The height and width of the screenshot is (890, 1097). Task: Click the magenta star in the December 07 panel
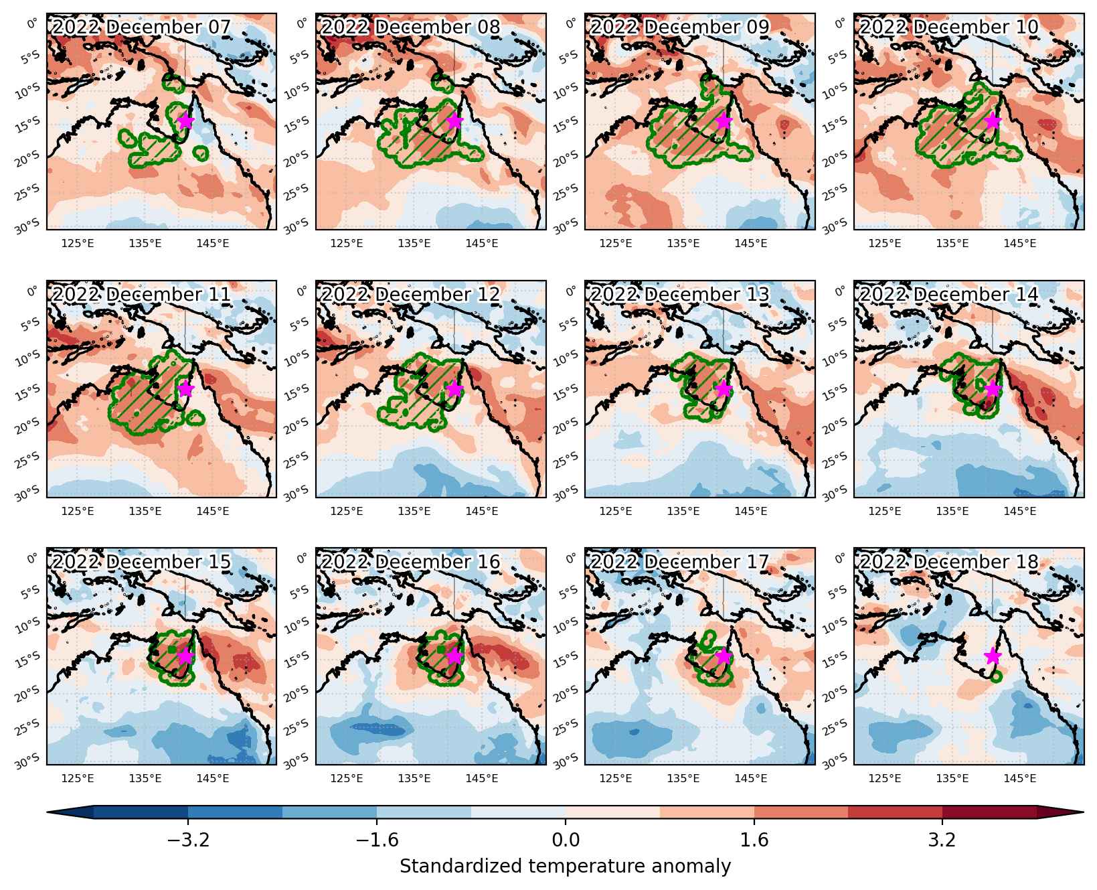(185, 121)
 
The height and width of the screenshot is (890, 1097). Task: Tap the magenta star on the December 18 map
(993, 656)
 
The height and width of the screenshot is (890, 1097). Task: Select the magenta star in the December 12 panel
(454, 389)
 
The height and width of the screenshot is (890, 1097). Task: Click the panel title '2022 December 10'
(949, 27)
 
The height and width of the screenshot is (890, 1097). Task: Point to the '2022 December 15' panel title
(141, 562)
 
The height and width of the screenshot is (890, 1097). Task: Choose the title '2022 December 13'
(680, 295)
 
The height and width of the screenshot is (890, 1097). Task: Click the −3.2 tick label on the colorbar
(188, 840)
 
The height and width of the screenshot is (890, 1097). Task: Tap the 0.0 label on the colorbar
(566, 840)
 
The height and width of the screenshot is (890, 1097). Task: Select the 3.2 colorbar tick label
(942, 840)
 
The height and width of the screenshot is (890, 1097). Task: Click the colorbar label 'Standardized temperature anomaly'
(566, 867)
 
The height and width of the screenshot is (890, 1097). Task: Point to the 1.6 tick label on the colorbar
(754, 840)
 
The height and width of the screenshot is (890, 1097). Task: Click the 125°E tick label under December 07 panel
(78, 243)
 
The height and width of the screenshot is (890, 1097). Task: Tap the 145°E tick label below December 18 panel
(1020, 777)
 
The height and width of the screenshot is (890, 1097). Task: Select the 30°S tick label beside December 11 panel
(31, 494)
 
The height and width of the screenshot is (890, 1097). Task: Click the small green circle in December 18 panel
(996, 676)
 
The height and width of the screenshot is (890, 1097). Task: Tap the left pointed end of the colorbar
(48, 812)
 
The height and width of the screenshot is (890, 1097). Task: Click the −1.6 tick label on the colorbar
(377, 840)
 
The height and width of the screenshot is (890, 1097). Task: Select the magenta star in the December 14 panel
(993, 389)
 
